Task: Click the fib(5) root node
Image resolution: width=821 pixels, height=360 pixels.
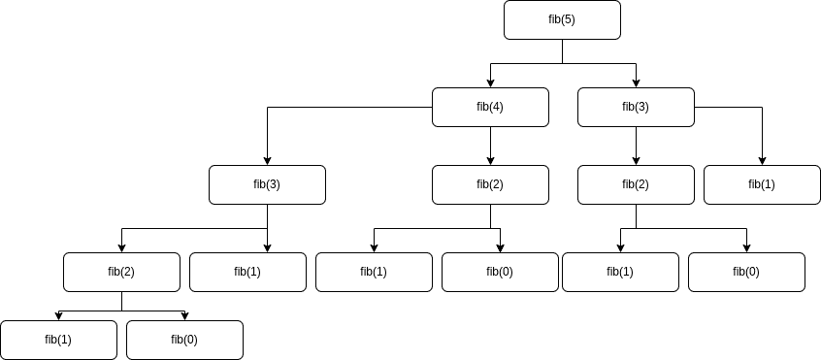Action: pos(562,20)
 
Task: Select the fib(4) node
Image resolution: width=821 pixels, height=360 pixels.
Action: pos(490,107)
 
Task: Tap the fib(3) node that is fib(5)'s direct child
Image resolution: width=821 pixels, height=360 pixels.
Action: pos(636,107)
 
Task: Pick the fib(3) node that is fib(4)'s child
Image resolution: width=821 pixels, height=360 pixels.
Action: pos(267,184)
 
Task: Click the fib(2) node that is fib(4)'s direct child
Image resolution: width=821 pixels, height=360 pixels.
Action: pos(490,184)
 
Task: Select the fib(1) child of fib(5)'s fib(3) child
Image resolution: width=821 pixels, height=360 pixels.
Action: pos(762,184)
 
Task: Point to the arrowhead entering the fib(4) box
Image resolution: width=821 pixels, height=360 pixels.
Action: pos(490,82)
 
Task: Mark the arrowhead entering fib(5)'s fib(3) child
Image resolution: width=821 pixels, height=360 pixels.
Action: pos(636,82)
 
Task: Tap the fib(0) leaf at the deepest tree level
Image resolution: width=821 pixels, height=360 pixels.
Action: pos(184,340)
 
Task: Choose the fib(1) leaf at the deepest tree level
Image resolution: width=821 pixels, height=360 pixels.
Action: pos(58,340)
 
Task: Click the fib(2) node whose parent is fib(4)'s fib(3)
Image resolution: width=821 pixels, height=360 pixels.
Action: pos(121,272)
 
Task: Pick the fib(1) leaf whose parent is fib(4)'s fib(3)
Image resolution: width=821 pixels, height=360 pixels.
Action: pos(247,272)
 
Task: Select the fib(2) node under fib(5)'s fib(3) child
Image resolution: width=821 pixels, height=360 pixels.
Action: pos(636,184)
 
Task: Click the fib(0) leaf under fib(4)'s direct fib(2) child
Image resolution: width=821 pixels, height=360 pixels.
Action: pos(500,272)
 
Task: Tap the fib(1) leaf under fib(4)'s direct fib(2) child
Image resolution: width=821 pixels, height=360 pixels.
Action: pos(374,272)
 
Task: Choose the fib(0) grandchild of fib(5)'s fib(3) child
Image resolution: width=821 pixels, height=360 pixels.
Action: pos(746,272)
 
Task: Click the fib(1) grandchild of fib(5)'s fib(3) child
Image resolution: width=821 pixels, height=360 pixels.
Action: pos(620,272)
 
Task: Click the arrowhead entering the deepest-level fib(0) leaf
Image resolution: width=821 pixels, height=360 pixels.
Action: pos(184,315)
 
